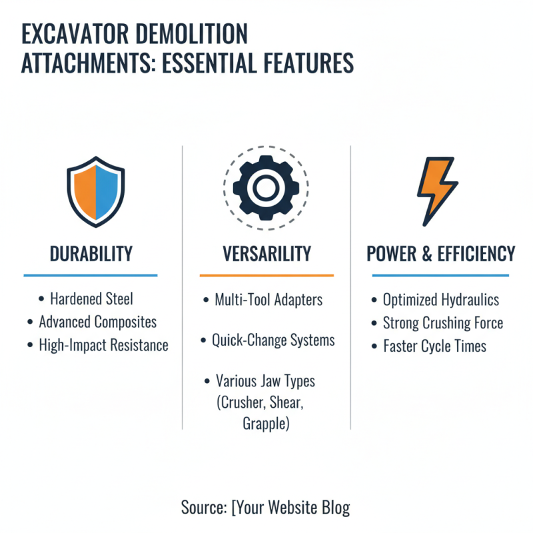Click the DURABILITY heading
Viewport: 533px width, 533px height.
(91, 254)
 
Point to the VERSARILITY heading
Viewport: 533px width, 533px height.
(266, 254)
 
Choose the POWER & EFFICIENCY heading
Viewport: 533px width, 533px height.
(441, 254)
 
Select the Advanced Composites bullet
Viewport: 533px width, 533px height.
(97, 322)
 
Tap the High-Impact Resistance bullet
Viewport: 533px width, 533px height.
(103, 345)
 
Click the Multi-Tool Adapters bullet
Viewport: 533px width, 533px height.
(268, 300)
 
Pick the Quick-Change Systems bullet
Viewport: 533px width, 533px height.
(273, 340)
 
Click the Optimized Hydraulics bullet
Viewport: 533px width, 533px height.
(440, 300)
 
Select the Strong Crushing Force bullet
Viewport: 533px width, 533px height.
(443, 324)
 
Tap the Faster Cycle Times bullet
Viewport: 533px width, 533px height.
(434, 346)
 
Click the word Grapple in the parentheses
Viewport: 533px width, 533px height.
(266, 423)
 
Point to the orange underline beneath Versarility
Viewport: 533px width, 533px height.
(266, 275)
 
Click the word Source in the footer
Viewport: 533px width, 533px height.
(203, 508)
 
